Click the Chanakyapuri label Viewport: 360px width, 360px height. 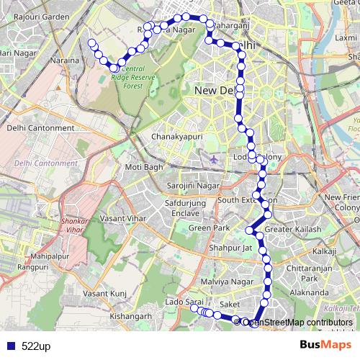177,135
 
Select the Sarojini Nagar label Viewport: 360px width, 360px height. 192,185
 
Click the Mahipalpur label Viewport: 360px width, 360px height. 49,256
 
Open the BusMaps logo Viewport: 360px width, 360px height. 320,346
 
